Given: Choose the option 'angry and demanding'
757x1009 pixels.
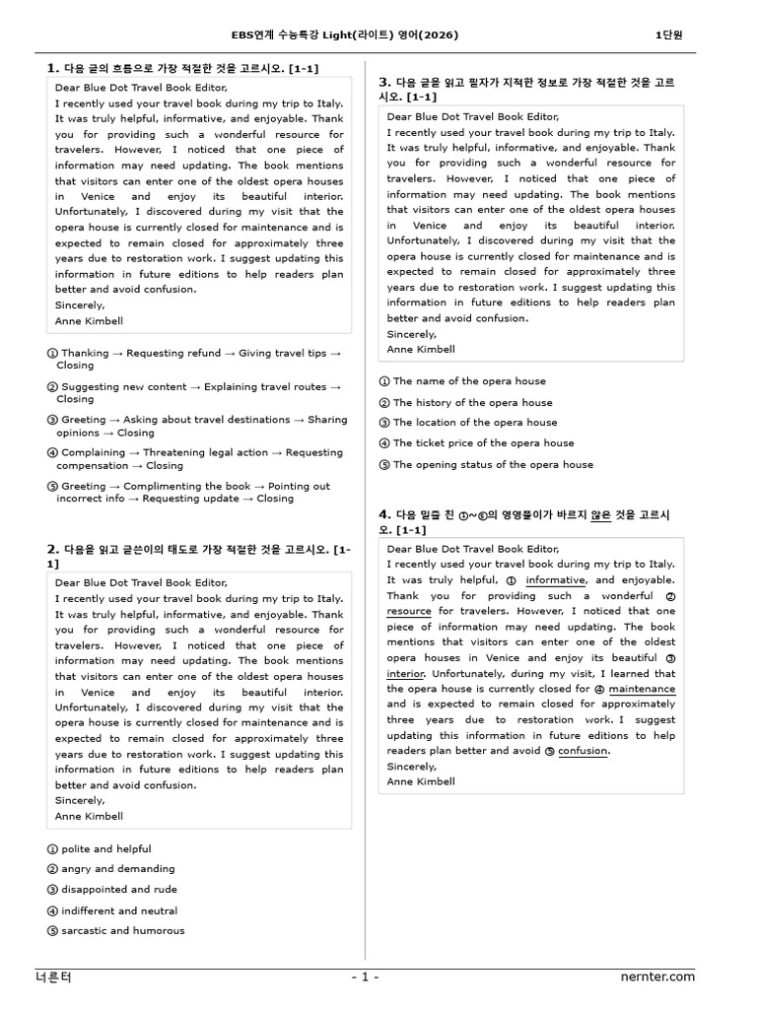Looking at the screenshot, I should [x=117, y=869].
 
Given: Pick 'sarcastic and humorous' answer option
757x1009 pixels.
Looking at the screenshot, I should [x=122, y=930].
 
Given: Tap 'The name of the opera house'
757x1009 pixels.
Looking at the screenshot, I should [x=468, y=381].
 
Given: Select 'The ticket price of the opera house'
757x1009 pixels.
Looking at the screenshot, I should [x=483, y=443].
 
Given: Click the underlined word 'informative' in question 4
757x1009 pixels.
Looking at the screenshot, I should [x=556, y=581].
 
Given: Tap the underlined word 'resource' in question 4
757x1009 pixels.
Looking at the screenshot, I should [x=409, y=611].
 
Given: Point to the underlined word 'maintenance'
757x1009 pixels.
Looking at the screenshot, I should [x=642, y=689].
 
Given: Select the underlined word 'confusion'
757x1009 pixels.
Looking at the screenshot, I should [x=584, y=751].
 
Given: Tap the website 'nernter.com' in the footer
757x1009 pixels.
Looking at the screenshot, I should [x=657, y=976].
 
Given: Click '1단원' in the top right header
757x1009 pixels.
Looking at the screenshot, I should [x=668, y=35].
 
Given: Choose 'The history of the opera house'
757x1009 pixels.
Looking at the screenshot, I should [x=472, y=403].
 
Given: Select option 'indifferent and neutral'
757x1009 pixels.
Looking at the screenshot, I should [x=119, y=911].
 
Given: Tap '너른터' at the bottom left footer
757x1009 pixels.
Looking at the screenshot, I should [x=53, y=976].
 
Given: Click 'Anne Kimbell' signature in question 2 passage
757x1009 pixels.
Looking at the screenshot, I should [x=89, y=817].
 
